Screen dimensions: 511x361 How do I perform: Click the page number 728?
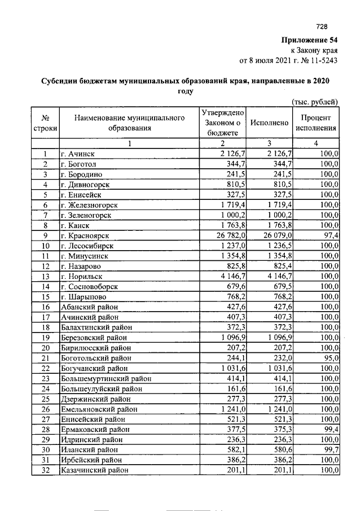tap(322, 26)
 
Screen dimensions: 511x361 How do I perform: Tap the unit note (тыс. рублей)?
tap(314, 102)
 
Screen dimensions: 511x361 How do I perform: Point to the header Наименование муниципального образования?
tap(129, 123)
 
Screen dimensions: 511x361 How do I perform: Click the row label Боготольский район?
tap(95, 357)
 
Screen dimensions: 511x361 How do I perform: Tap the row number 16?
tap(44, 307)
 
